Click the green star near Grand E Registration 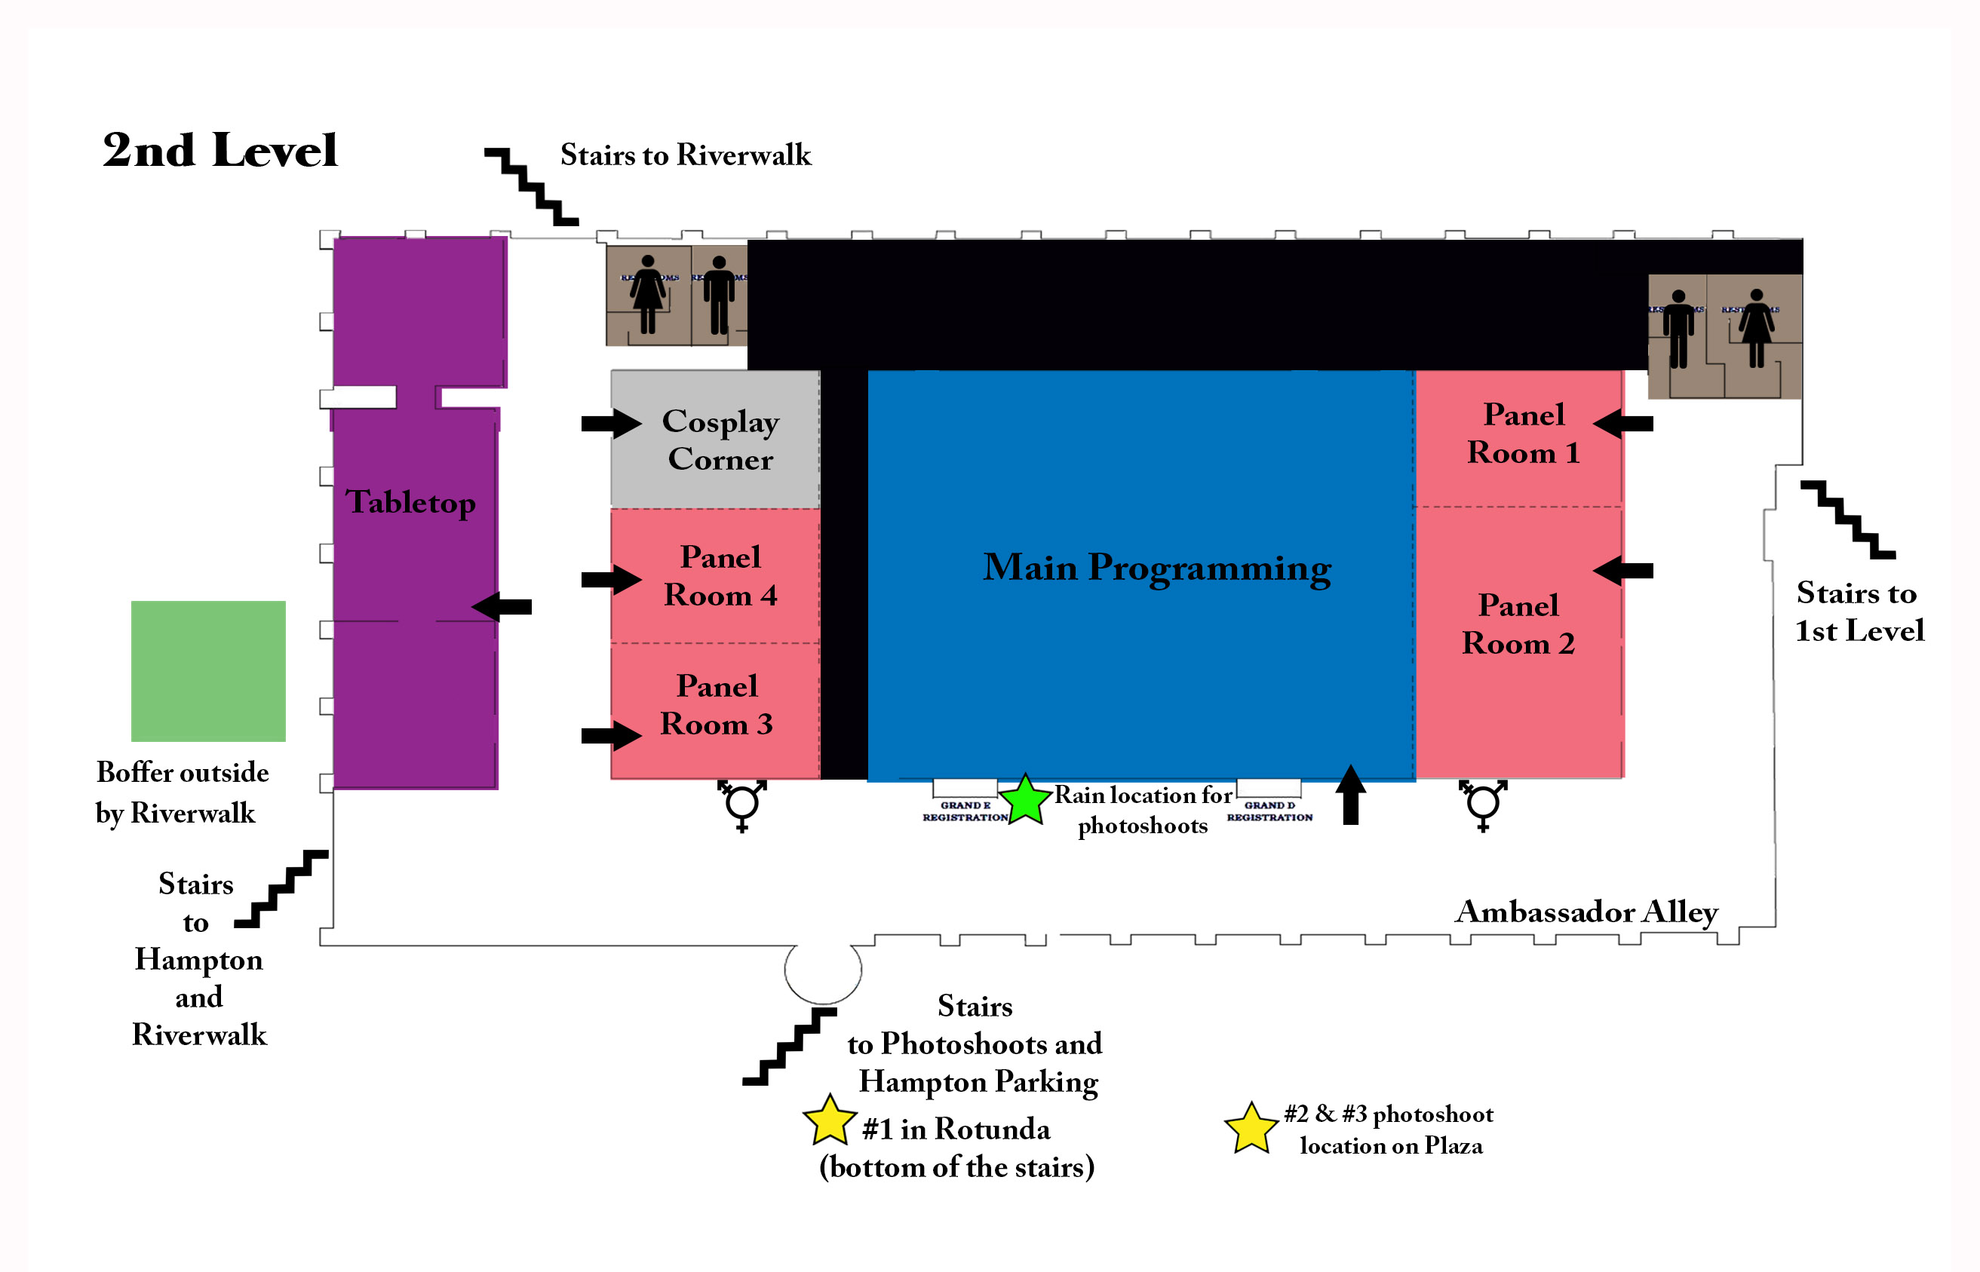click(x=1024, y=799)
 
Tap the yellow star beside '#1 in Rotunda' click(x=828, y=1121)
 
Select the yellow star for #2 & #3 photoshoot click(x=1251, y=1128)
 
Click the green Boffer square click(x=208, y=671)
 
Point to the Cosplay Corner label click(x=720, y=440)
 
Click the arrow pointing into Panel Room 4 click(x=610, y=579)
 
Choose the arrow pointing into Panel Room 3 click(x=610, y=735)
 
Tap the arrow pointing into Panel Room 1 click(x=1622, y=424)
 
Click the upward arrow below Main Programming click(x=1351, y=795)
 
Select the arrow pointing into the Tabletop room click(x=502, y=607)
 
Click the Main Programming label click(x=1156, y=569)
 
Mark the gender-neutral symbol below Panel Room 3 click(x=741, y=805)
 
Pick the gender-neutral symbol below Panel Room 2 click(x=1483, y=805)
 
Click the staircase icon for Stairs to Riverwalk click(x=530, y=187)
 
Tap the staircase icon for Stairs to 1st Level click(x=1847, y=520)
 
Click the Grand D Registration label click(x=1269, y=811)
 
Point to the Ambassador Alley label click(x=1586, y=912)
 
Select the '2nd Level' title click(x=219, y=150)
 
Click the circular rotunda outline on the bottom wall click(x=823, y=970)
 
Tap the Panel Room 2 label click(x=1518, y=624)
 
